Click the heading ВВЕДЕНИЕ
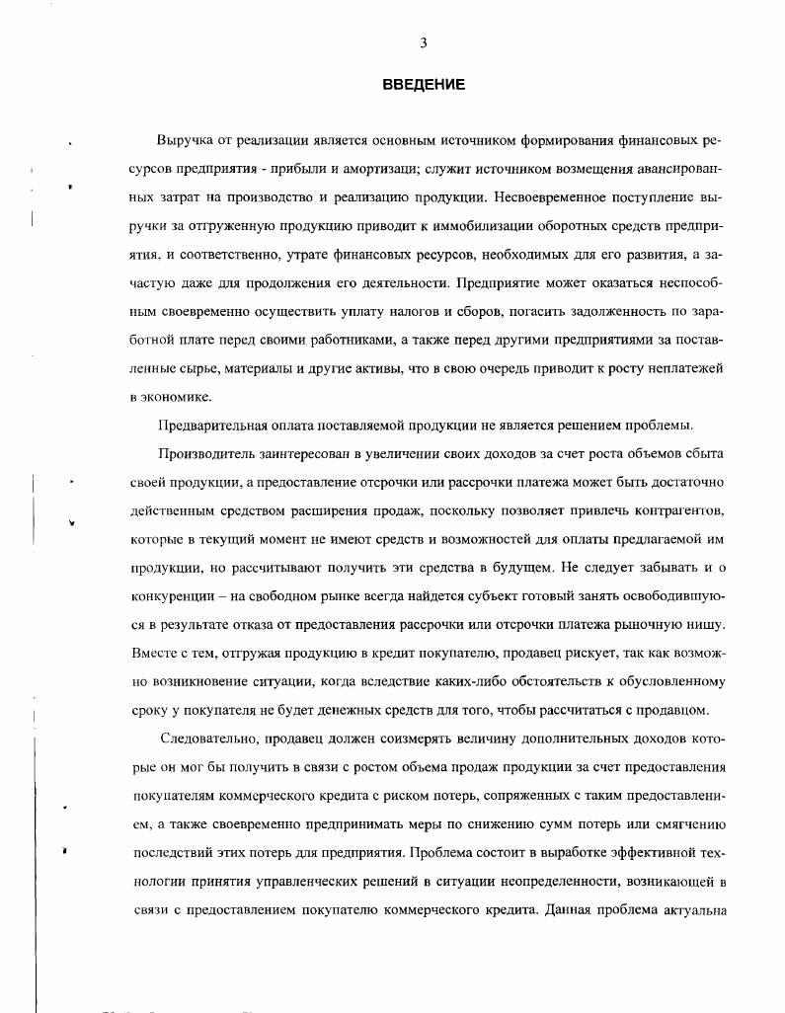(424, 85)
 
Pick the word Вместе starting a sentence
(153, 654)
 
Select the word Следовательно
(210, 740)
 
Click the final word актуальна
(692, 909)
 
